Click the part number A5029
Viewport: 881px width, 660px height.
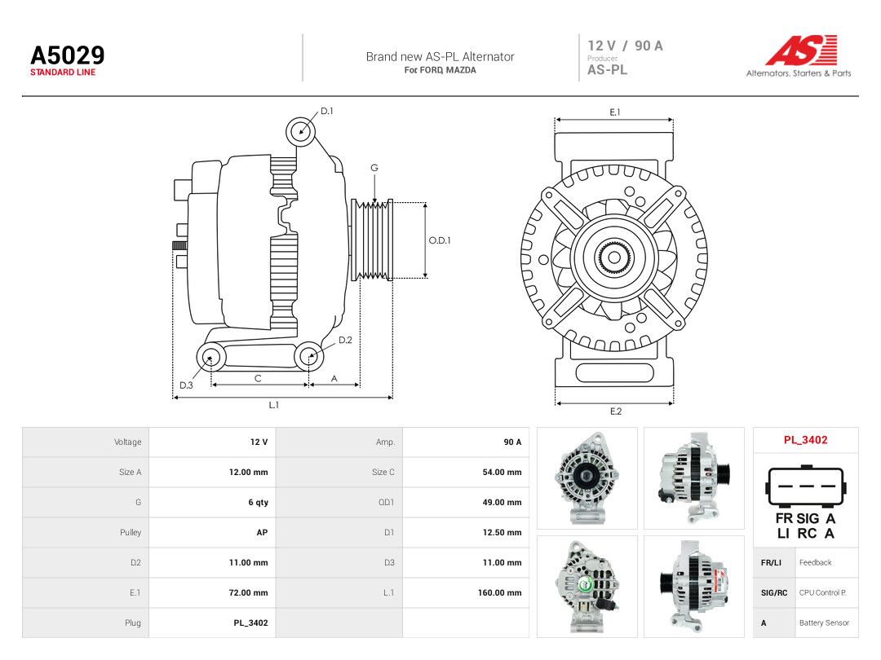(68, 55)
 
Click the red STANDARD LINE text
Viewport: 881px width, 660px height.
(63, 73)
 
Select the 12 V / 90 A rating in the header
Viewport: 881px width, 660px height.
(626, 46)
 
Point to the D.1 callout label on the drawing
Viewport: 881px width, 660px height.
(327, 111)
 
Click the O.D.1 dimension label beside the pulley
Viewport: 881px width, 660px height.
(440, 240)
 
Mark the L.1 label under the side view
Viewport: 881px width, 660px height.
(273, 405)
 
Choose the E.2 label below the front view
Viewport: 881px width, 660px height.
(616, 411)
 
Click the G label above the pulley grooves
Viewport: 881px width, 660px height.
(374, 168)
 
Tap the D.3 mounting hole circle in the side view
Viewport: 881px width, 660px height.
(210, 357)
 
